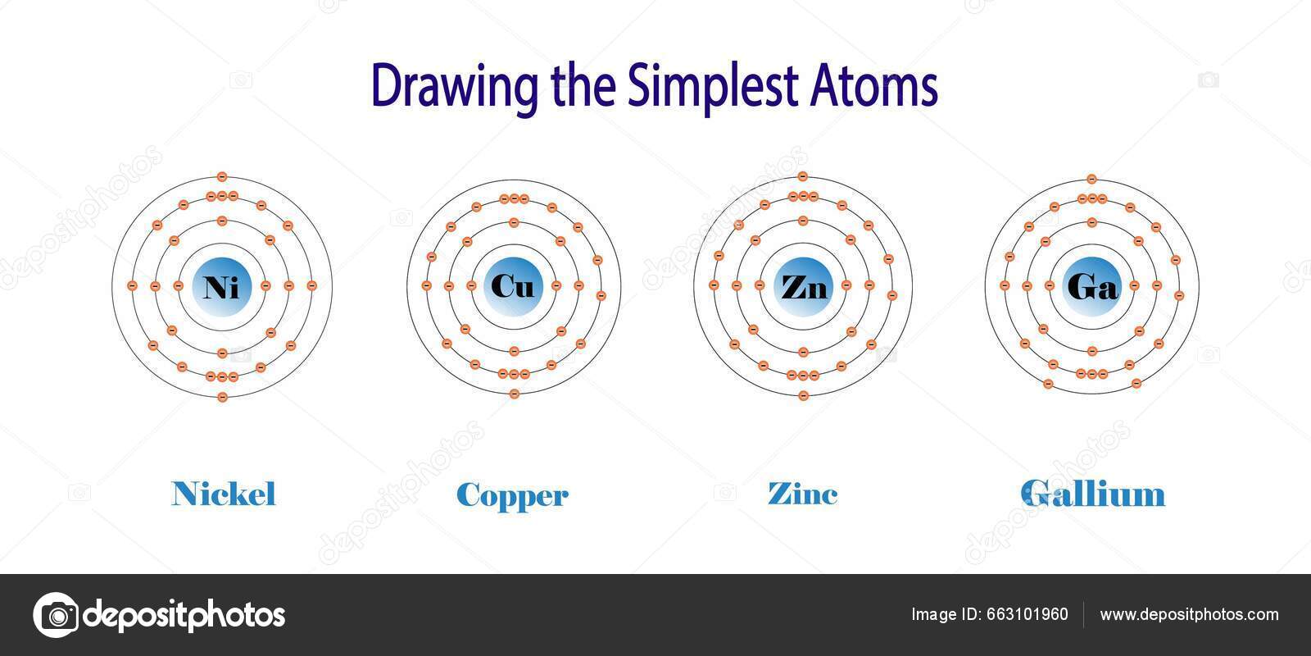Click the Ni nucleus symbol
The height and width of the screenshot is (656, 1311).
pos(221,286)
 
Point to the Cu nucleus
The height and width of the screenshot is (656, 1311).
pos(514,286)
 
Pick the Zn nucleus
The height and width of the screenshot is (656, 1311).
pos(803,286)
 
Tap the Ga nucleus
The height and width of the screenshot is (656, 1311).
pos(1092,286)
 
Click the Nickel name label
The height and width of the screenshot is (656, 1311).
pos(224,494)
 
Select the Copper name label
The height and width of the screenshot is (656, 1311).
pos(512,495)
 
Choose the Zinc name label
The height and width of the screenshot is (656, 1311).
pos(802,494)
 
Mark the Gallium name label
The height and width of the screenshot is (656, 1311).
pos(1092,494)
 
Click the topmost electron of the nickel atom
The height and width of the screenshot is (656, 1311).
pos(221,176)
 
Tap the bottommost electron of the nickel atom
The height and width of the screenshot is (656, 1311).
pos(221,397)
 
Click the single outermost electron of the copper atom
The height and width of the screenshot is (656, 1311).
pos(514,394)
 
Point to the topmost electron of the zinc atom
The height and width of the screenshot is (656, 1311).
pos(803,176)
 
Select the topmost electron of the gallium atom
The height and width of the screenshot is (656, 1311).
pos(1091,179)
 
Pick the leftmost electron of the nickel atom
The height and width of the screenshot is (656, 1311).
pos(132,285)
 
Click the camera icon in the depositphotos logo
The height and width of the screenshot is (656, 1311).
pos(56,615)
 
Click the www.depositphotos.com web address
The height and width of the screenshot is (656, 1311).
pos(1189,615)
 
